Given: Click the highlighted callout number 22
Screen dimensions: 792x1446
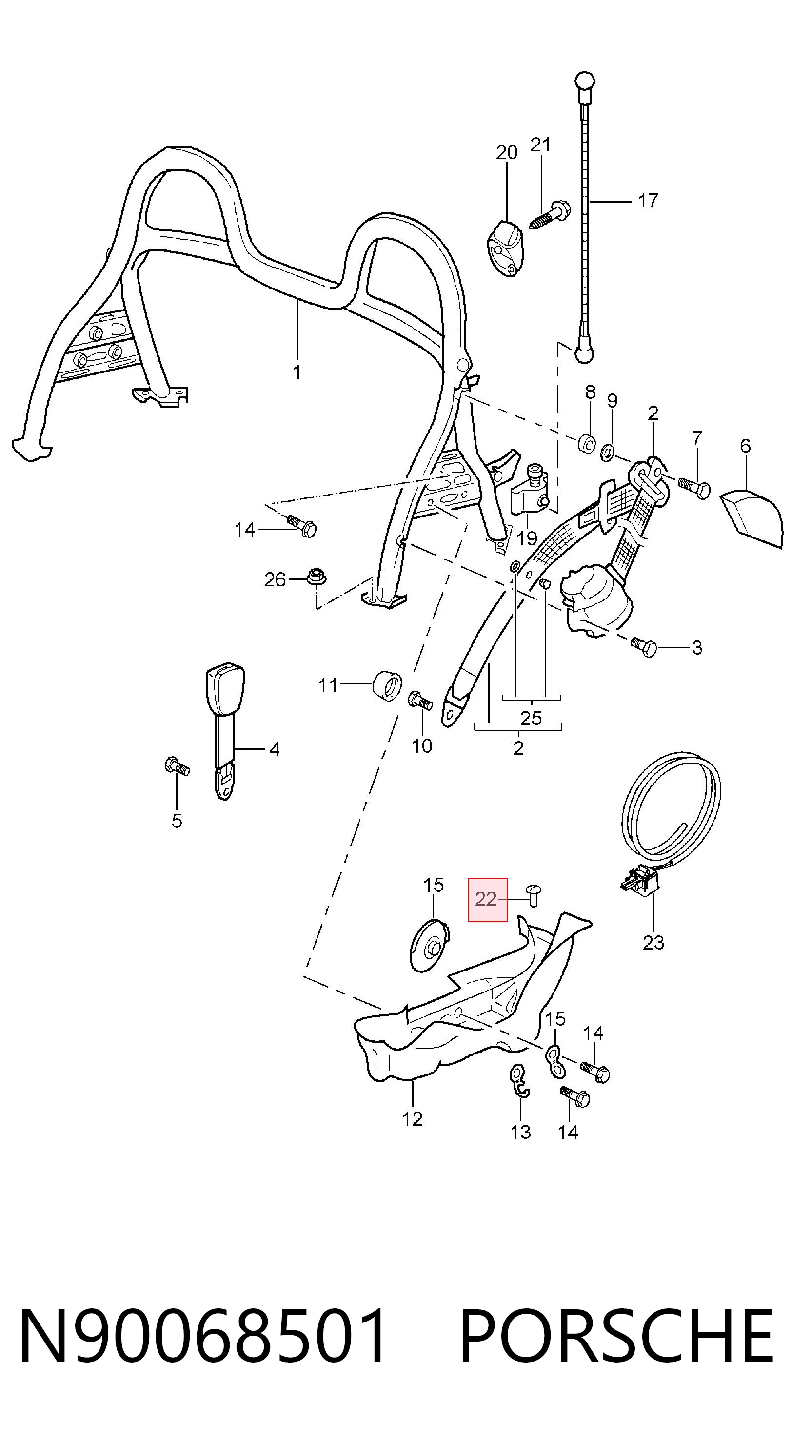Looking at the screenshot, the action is [486, 900].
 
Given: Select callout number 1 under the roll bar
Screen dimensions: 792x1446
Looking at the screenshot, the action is [297, 372].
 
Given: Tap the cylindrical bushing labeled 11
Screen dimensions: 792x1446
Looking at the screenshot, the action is [388, 685].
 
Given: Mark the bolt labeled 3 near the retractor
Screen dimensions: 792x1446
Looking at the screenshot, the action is [643, 647].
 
